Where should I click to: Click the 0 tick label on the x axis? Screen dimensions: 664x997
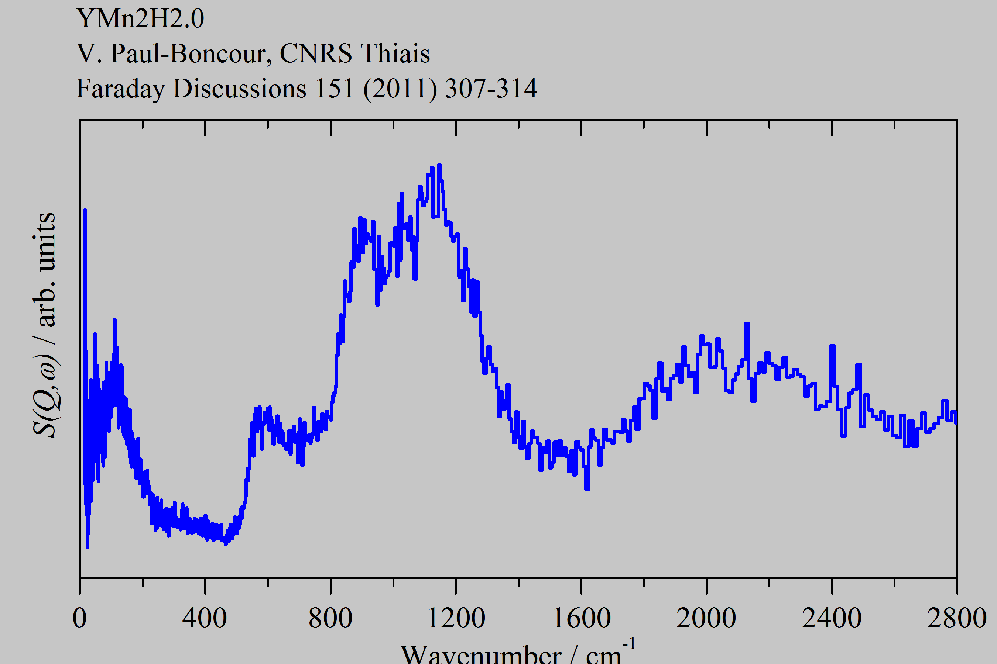[80, 619]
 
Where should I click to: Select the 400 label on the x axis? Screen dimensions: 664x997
[205, 619]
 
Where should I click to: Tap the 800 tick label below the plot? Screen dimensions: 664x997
[330, 619]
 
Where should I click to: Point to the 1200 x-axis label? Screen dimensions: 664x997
[456, 619]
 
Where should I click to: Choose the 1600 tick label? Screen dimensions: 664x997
[581, 619]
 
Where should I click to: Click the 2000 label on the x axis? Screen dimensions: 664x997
[706, 619]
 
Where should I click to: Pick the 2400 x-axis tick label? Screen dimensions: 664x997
[832, 619]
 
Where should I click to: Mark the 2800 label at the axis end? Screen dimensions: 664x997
[957, 619]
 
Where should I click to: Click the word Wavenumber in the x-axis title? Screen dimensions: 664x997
[481, 655]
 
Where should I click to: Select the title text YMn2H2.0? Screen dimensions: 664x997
[140, 19]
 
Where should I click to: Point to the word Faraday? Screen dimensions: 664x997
[121, 89]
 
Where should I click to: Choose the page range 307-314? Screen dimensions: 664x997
[491, 89]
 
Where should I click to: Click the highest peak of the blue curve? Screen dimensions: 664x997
[439, 166]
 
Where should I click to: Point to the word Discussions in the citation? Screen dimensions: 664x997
[240, 89]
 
